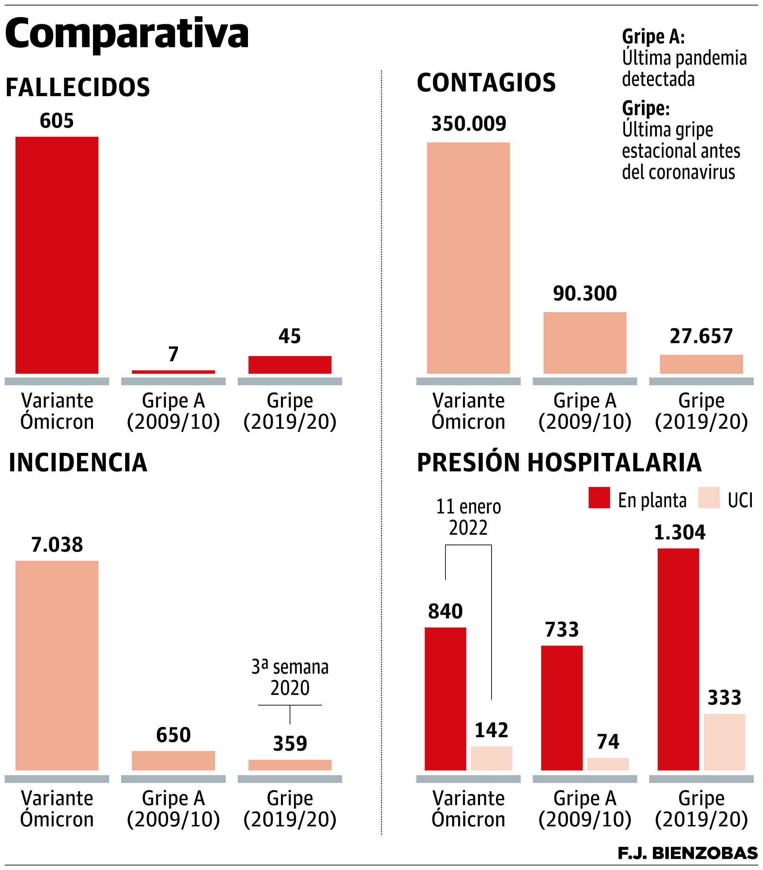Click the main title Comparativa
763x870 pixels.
tap(126, 34)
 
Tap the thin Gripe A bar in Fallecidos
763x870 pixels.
tap(173, 371)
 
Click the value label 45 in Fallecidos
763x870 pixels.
tap(290, 336)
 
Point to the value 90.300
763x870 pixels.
tap(585, 294)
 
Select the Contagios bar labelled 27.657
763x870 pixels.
tap(701, 364)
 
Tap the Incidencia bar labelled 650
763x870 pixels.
tap(173, 761)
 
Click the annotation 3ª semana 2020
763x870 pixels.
tap(290, 677)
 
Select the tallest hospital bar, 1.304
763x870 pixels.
tap(678, 659)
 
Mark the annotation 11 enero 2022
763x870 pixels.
tap(469, 517)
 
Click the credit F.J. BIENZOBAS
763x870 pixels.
tap(687, 853)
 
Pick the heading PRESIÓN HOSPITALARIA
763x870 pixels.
tap(559, 463)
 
